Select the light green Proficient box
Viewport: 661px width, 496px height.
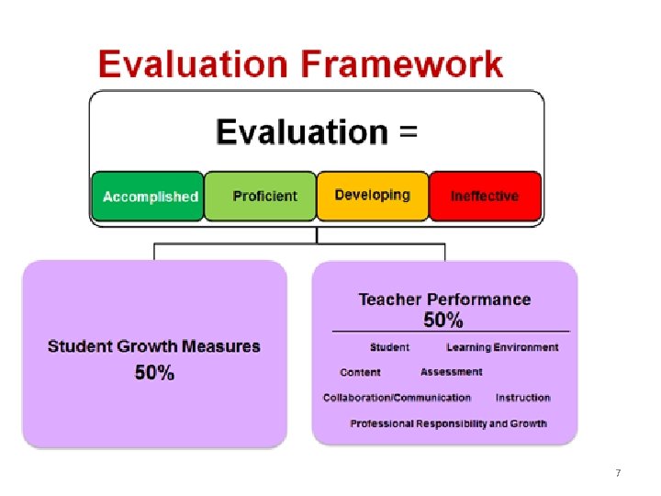click(x=260, y=196)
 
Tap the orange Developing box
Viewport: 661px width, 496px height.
click(x=373, y=196)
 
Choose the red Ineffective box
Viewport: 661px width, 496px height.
click(x=486, y=196)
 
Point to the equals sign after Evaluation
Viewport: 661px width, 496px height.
click(x=408, y=132)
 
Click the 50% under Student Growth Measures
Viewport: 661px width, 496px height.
click(x=154, y=373)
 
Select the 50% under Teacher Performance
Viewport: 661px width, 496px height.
click(x=443, y=320)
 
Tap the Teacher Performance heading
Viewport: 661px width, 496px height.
click(x=444, y=299)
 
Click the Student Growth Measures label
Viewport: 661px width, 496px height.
click(x=154, y=347)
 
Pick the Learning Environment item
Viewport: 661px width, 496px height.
click(x=502, y=347)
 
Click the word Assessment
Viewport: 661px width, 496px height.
click(x=451, y=372)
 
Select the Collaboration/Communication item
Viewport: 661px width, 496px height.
click(x=397, y=398)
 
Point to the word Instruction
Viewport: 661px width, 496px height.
click(x=522, y=398)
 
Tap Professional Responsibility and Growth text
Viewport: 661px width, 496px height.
click(x=448, y=423)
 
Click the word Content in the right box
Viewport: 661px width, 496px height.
click(x=360, y=372)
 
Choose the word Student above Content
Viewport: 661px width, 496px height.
click(x=389, y=347)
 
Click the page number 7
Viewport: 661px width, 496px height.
click(x=618, y=473)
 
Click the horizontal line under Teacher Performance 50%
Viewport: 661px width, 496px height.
click(x=450, y=331)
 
